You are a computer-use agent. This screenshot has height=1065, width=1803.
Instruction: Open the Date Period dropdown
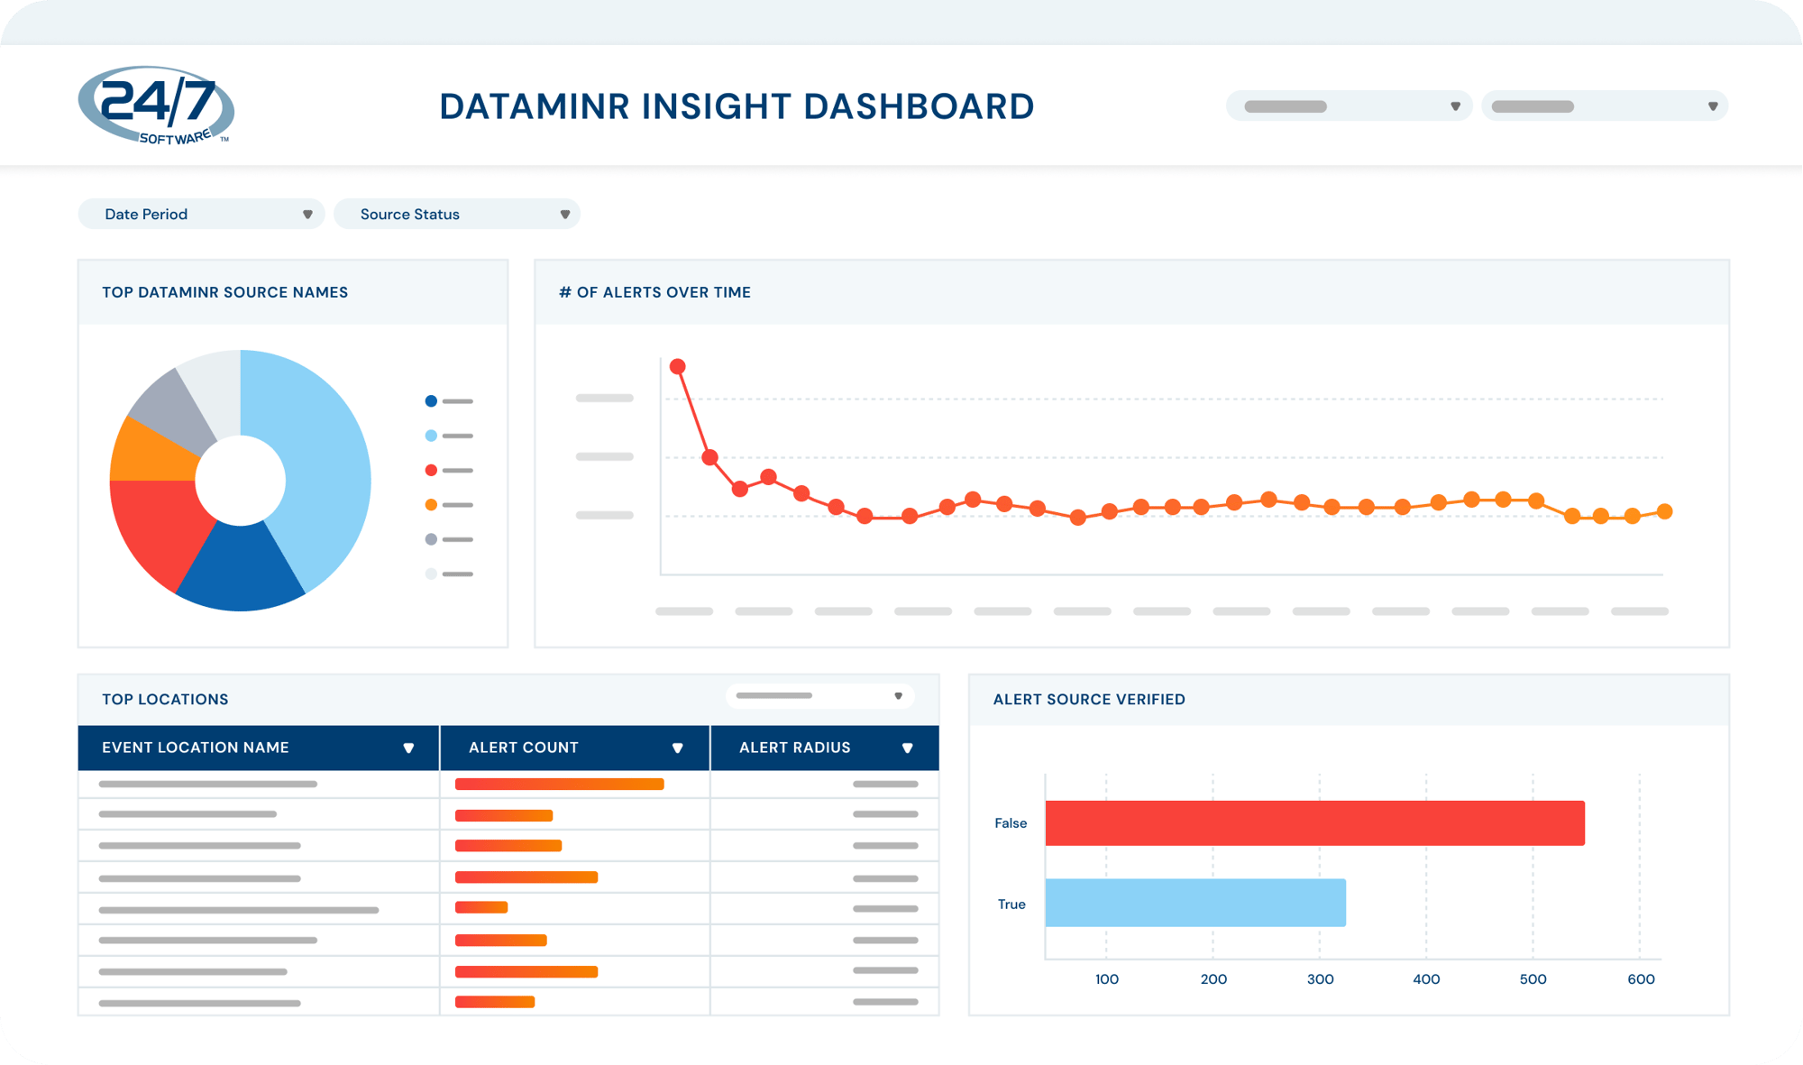(x=201, y=214)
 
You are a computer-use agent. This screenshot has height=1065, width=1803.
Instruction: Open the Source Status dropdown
(x=456, y=214)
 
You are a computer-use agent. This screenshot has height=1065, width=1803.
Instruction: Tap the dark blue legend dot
(x=431, y=401)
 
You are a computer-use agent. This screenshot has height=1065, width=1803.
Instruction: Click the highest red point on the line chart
(x=678, y=366)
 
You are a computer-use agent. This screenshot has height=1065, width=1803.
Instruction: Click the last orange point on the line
(x=1665, y=511)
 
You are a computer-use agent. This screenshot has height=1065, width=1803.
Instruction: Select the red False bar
(x=1314, y=823)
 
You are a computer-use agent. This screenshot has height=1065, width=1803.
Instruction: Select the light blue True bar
(x=1195, y=903)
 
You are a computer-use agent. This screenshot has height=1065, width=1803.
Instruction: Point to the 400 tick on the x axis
(x=1426, y=979)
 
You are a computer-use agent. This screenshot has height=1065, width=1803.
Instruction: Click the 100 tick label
(x=1107, y=979)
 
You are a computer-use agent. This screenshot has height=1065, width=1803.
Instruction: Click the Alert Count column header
(x=524, y=748)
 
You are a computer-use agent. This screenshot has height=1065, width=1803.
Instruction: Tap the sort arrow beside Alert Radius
(x=908, y=748)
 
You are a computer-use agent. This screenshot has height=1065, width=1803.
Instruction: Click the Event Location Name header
(x=196, y=748)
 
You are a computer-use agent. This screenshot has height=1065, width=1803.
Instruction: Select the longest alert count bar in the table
(x=560, y=785)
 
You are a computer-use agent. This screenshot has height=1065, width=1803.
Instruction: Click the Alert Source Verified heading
(x=1089, y=699)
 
